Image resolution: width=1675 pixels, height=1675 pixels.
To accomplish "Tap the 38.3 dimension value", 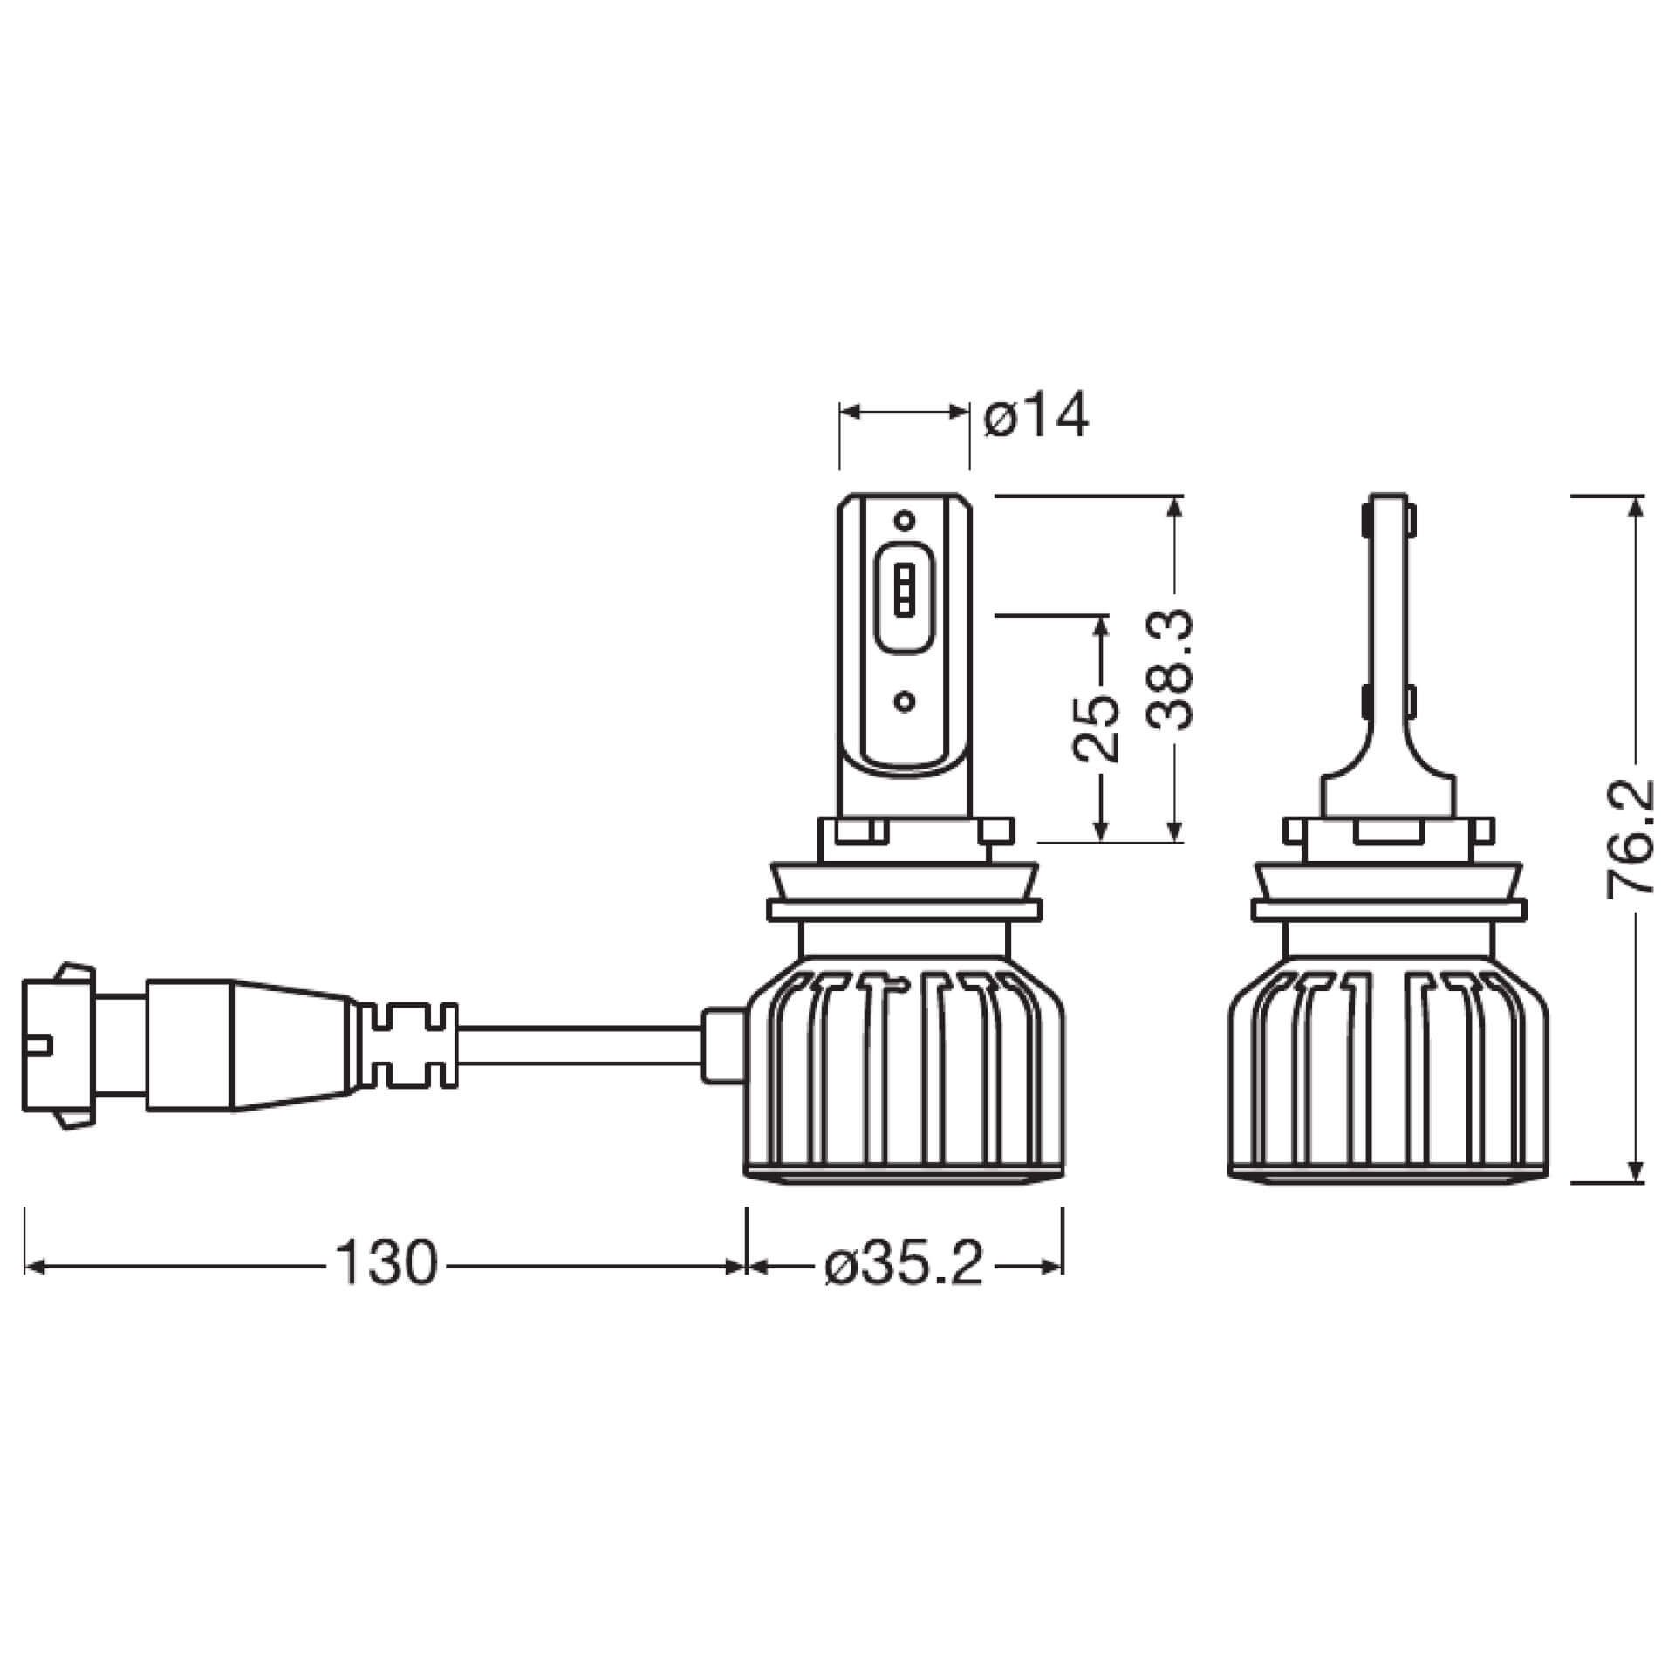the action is click(1169, 658).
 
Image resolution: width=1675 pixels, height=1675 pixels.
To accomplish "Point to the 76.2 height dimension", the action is click(1630, 837).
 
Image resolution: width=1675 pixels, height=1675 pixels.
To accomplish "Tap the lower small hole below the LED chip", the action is click(905, 701).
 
